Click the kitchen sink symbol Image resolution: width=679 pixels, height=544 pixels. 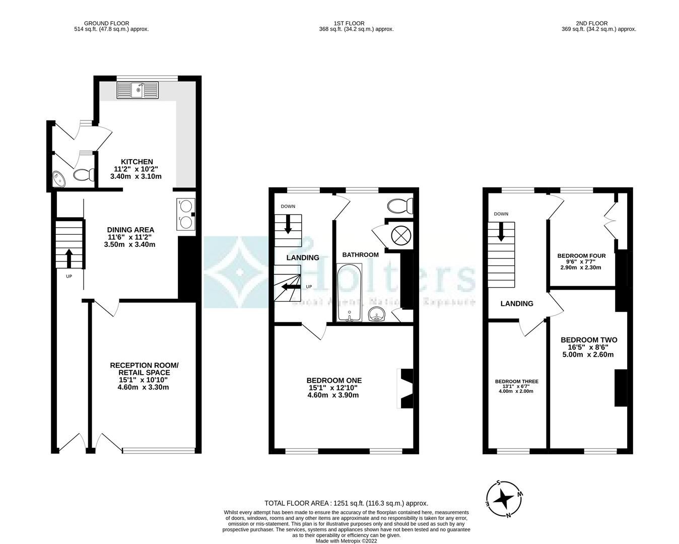tap(138, 90)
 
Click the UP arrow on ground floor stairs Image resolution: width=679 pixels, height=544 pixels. tap(68, 257)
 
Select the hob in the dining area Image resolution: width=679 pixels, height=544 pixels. tap(186, 214)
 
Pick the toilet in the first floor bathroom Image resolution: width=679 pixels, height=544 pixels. tap(400, 206)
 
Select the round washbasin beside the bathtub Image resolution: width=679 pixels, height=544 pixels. tap(377, 315)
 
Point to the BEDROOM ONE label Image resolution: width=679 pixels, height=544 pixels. tap(333, 380)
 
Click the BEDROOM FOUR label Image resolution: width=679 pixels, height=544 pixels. tap(581, 256)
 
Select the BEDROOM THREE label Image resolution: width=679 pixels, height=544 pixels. tap(516, 381)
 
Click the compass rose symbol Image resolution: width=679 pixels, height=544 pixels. tap(503, 499)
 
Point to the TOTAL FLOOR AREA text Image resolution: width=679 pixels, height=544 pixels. tap(346, 503)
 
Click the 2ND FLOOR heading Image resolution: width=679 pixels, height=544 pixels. tap(591, 23)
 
